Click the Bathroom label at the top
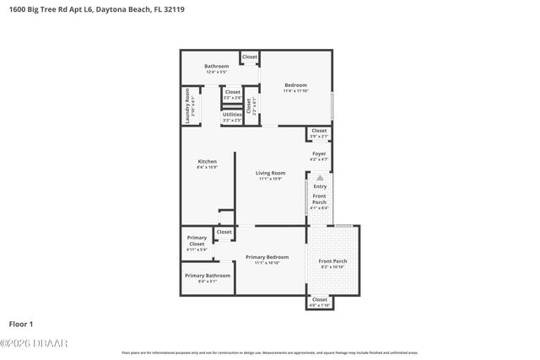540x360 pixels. pyautogui.click(x=216, y=68)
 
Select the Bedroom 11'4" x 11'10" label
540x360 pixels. pyautogui.click(x=295, y=87)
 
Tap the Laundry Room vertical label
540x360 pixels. pyautogui.click(x=188, y=107)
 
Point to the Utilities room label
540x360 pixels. pyautogui.click(x=232, y=116)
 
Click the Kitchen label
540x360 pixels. pyautogui.click(x=207, y=164)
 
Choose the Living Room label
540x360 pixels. pyautogui.click(x=271, y=175)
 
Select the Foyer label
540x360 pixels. pyautogui.click(x=319, y=155)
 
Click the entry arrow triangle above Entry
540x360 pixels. pyautogui.click(x=319, y=178)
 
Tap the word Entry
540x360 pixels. pyautogui.click(x=319, y=186)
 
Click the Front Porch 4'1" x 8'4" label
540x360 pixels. pyautogui.click(x=319, y=201)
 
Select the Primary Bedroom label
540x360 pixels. pyautogui.click(x=267, y=259)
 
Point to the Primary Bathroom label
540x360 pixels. pyautogui.click(x=208, y=277)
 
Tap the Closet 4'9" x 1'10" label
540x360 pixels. pyautogui.click(x=320, y=302)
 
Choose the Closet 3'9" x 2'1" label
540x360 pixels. pyautogui.click(x=319, y=133)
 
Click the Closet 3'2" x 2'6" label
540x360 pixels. pyautogui.click(x=232, y=94)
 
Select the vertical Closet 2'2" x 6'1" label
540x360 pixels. pyautogui.click(x=250, y=107)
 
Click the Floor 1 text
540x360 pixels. pyautogui.click(x=20, y=324)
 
